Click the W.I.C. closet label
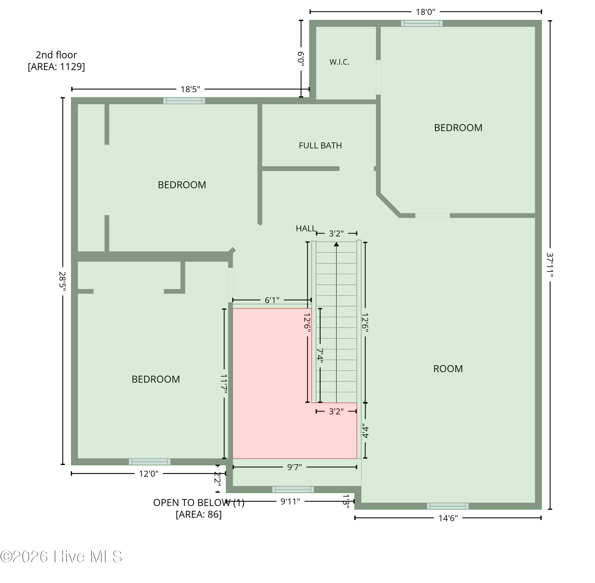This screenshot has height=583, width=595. pos(339,62)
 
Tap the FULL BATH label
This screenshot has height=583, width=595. pos(320,145)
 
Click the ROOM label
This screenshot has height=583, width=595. pos(448,369)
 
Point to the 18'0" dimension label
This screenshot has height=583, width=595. pos(425,12)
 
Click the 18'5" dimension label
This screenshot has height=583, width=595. pos(190,89)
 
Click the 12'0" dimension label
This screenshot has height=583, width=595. pos(149,474)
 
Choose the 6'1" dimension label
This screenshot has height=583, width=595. pos(272,300)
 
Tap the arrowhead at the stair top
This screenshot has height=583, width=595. pos(336,244)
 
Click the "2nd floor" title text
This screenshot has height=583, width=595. pos(56,55)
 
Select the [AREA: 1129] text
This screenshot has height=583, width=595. pos(56,67)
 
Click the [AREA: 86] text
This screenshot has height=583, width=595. pos(199,514)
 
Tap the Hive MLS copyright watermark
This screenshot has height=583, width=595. pos(61,556)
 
